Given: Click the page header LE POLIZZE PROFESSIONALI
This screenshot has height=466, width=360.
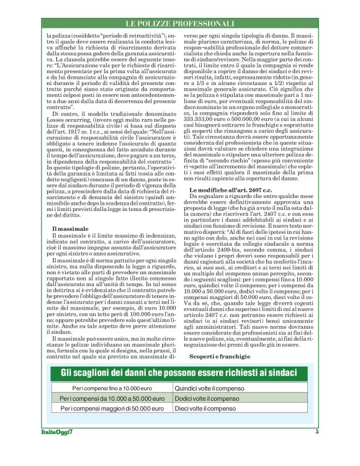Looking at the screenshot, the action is click(179, 23).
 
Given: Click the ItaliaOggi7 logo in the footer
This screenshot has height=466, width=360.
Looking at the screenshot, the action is click(61, 431).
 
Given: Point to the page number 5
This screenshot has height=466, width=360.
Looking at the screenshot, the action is click(317, 431).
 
